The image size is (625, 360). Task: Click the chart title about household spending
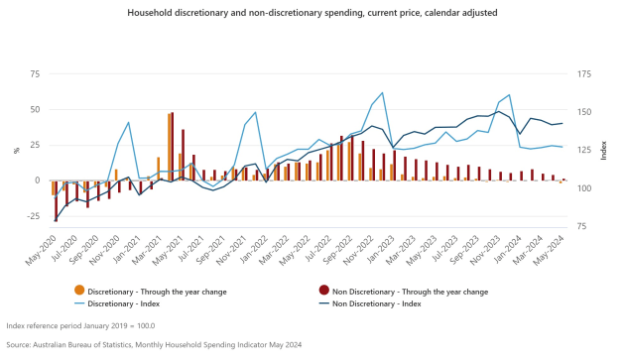point(312,14)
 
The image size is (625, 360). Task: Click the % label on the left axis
point(16,150)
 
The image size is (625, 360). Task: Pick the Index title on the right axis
point(604,150)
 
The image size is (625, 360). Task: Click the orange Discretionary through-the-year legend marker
point(80,290)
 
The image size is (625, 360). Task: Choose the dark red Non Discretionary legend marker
point(324,290)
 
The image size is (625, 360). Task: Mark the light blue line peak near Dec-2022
point(382,93)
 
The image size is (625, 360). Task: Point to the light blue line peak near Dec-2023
point(510,95)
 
